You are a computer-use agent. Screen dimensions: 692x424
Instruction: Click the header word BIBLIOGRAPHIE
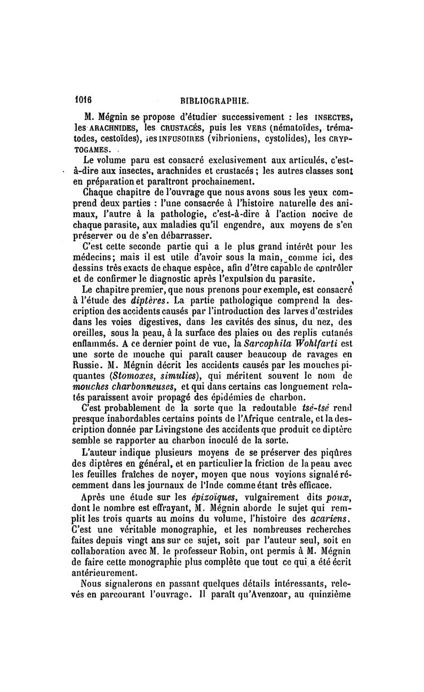coord(215,100)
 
